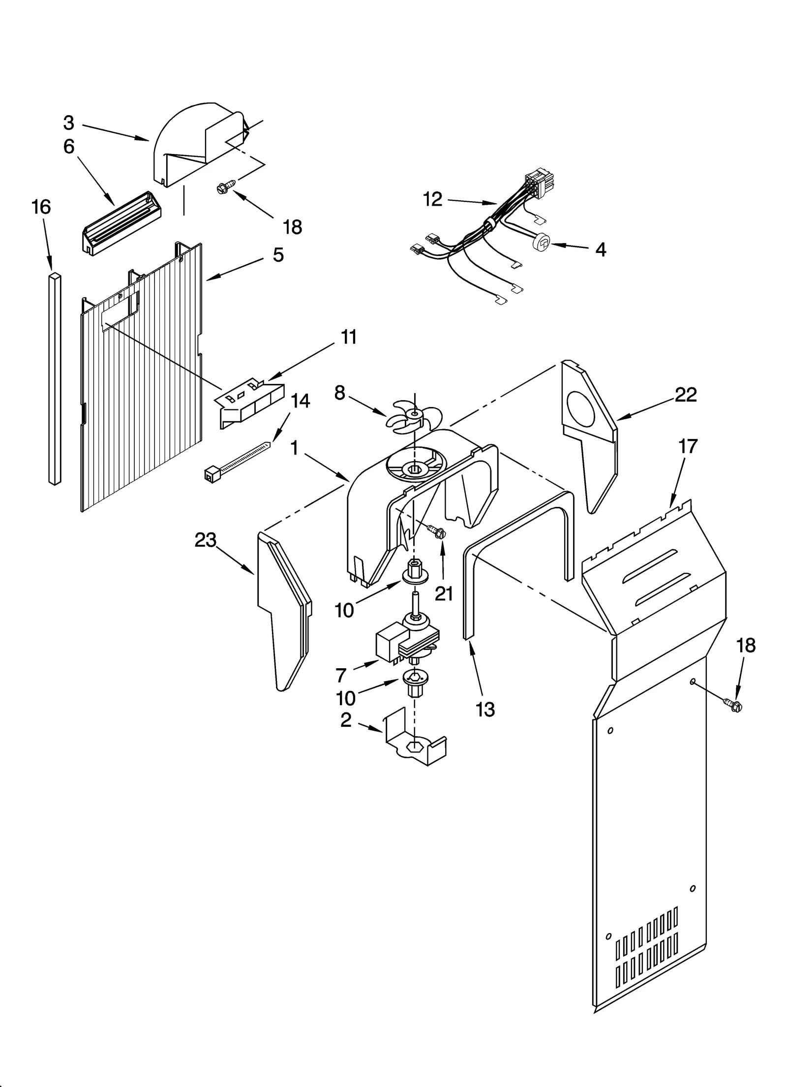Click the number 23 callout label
(x=205, y=540)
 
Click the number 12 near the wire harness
(x=432, y=199)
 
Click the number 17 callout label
(x=688, y=446)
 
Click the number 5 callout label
(x=278, y=255)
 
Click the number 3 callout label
(x=69, y=123)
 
